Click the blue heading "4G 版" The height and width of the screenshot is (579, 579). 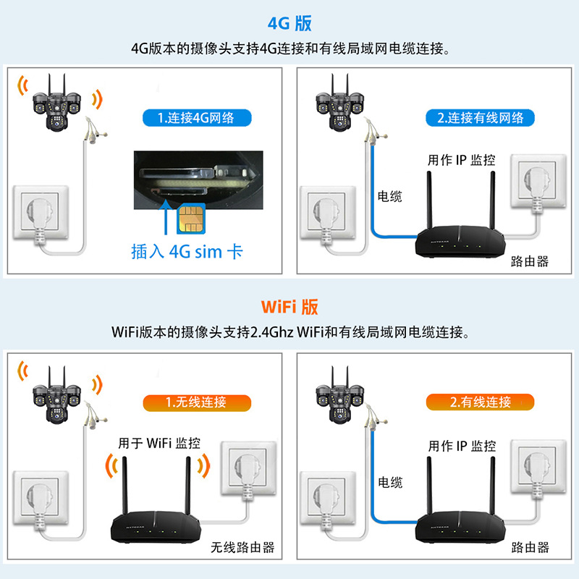(x=289, y=22)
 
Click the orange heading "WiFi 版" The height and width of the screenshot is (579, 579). (x=289, y=307)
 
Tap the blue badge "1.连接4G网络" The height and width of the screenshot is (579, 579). (x=195, y=118)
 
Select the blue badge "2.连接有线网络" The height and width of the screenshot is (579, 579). (x=480, y=118)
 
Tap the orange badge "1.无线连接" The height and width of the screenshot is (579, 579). (x=195, y=402)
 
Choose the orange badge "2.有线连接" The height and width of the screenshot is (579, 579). (x=480, y=402)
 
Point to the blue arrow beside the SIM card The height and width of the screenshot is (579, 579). (x=166, y=218)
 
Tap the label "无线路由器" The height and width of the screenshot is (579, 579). (x=242, y=547)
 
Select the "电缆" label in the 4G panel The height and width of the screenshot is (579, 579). (x=389, y=197)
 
